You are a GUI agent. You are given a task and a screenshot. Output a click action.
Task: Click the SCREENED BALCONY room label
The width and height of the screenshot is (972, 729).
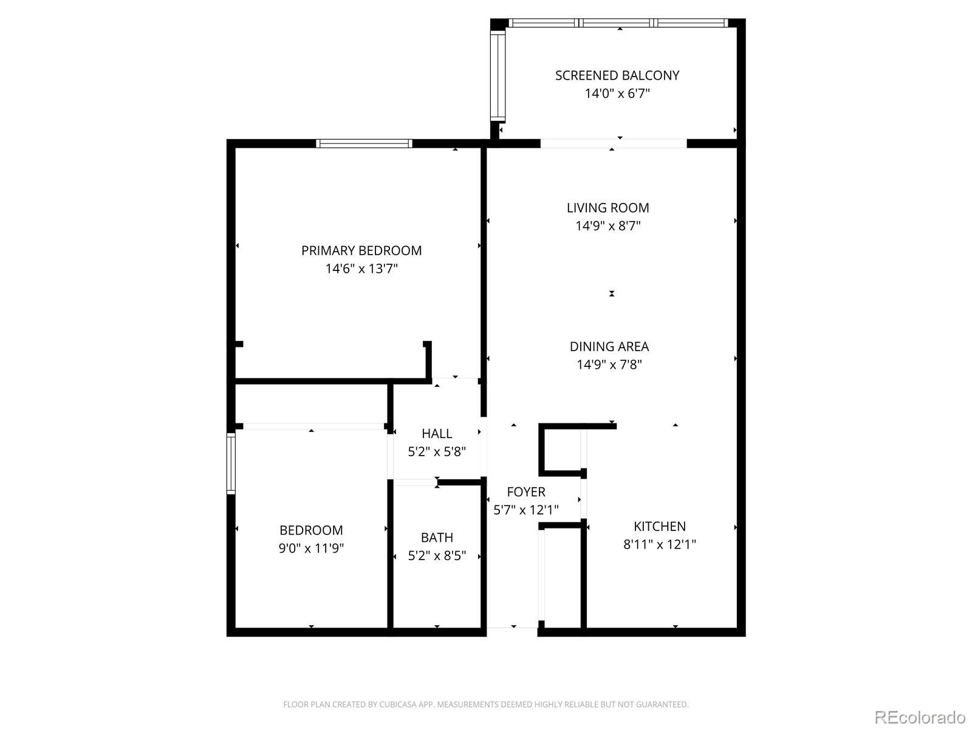[x=617, y=76]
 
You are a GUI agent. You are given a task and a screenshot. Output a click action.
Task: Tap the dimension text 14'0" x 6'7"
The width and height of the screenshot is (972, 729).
[x=617, y=94]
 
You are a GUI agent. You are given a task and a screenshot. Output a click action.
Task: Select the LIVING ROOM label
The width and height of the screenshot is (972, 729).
[x=608, y=208]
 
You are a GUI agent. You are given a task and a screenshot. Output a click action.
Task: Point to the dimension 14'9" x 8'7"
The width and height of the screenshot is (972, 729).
[x=608, y=226]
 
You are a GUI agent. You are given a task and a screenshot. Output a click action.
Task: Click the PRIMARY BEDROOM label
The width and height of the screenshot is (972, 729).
[x=361, y=251]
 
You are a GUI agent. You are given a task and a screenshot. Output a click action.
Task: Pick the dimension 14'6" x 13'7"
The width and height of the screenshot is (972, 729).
[x=361, y=269]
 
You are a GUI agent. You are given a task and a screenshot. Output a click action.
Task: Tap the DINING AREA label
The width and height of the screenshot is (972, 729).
[x=609, y=346]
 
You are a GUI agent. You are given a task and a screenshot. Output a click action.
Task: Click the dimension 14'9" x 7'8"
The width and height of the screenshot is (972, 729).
[x=609, y=364]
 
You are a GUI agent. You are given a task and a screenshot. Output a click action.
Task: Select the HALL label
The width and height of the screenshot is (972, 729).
[x=437, y=434]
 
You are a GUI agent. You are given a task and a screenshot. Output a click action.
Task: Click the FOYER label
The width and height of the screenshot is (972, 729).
[x=526, y=492]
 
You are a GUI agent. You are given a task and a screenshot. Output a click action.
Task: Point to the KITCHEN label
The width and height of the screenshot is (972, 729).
[x=660, y=526]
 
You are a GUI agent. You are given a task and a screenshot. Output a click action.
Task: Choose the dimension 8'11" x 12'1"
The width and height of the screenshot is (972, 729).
[x=660, y=544]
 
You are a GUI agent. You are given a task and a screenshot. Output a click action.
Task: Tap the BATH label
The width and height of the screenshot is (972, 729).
[x=437, y=538]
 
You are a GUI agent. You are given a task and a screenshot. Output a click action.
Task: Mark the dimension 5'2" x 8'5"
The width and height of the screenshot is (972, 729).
[x=437, y=556]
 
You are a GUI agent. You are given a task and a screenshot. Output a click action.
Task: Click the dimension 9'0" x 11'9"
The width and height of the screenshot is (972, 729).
[x=311, y=549]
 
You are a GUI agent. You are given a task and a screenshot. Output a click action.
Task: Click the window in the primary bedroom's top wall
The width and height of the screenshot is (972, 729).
[x=364, y=143]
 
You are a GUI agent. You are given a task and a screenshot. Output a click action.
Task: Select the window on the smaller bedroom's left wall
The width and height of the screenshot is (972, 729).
[x=231, y=464]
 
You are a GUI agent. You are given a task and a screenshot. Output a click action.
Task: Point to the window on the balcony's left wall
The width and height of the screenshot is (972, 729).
[x=498, y=76]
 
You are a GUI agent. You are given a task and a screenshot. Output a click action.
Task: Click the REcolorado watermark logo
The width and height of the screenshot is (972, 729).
[x=920, y=717]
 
